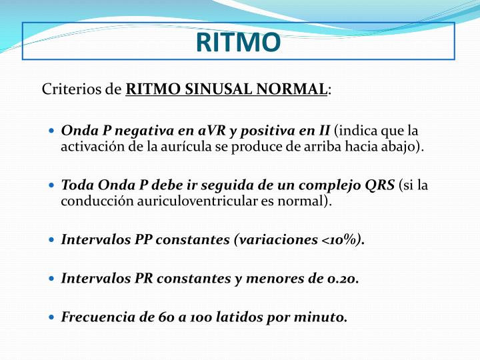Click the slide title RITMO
239,42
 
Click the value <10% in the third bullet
342,240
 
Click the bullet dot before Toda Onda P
52,185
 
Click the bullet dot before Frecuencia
52,318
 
